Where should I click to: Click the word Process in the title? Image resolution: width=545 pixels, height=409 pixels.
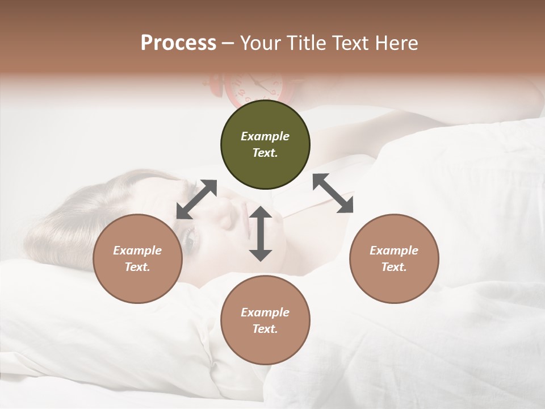pyautogui.click(x=178, y=43)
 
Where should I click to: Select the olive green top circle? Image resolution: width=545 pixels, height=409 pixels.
pyautogui.click(x=265, y=145)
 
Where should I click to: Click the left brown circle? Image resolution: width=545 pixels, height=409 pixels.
pyautogui.click(x=137, y=259)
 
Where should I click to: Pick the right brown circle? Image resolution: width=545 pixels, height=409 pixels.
pyautogui.click(x=394, y=259)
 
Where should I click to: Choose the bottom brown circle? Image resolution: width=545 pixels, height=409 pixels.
pyautogui.click(x=265, y=320)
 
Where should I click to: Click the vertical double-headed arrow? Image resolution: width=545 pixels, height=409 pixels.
pyautogui.click(x=261, y=234)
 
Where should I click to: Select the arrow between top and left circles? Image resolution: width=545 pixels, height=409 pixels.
pyautogui.click(x=197, y=199)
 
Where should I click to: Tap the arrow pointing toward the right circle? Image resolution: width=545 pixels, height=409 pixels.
pyautogui.click(x=333, y=193)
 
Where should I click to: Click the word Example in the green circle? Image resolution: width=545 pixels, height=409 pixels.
pyautogui.click(x=265, y=136)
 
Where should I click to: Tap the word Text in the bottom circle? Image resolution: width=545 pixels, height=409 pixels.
pyautogui.click(x=265, y=329)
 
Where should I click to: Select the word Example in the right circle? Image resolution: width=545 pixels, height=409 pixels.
pyautogui.click(x=394, y=251)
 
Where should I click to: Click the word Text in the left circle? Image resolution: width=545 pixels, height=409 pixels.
pyautogui.click(x=137, y=267)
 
